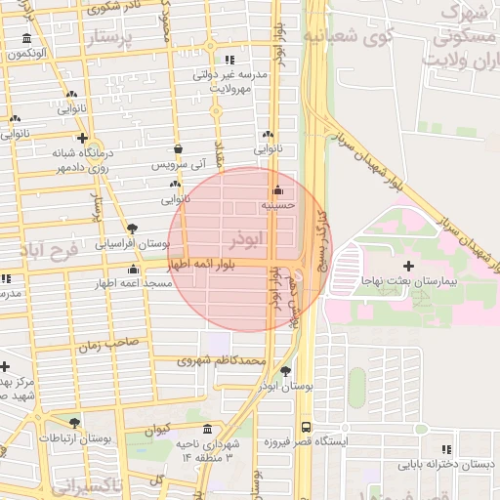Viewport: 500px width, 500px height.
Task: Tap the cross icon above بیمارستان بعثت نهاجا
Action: tap(408, 266)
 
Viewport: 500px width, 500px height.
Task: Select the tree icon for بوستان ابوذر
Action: tap(285, 371)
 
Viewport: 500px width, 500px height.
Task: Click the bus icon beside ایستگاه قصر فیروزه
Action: tap(307, 428)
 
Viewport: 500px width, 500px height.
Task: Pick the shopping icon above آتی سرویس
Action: tap(178, 149)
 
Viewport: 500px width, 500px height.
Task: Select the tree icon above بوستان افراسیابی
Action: tap(132, 229)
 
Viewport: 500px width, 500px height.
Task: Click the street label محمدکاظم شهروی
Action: tap(222, 360)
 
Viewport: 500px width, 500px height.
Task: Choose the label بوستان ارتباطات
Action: tap(75, 439)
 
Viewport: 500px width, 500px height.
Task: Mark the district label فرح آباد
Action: tap(47, 250)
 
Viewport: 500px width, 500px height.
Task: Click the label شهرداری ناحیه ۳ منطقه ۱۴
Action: tap(206, 450)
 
